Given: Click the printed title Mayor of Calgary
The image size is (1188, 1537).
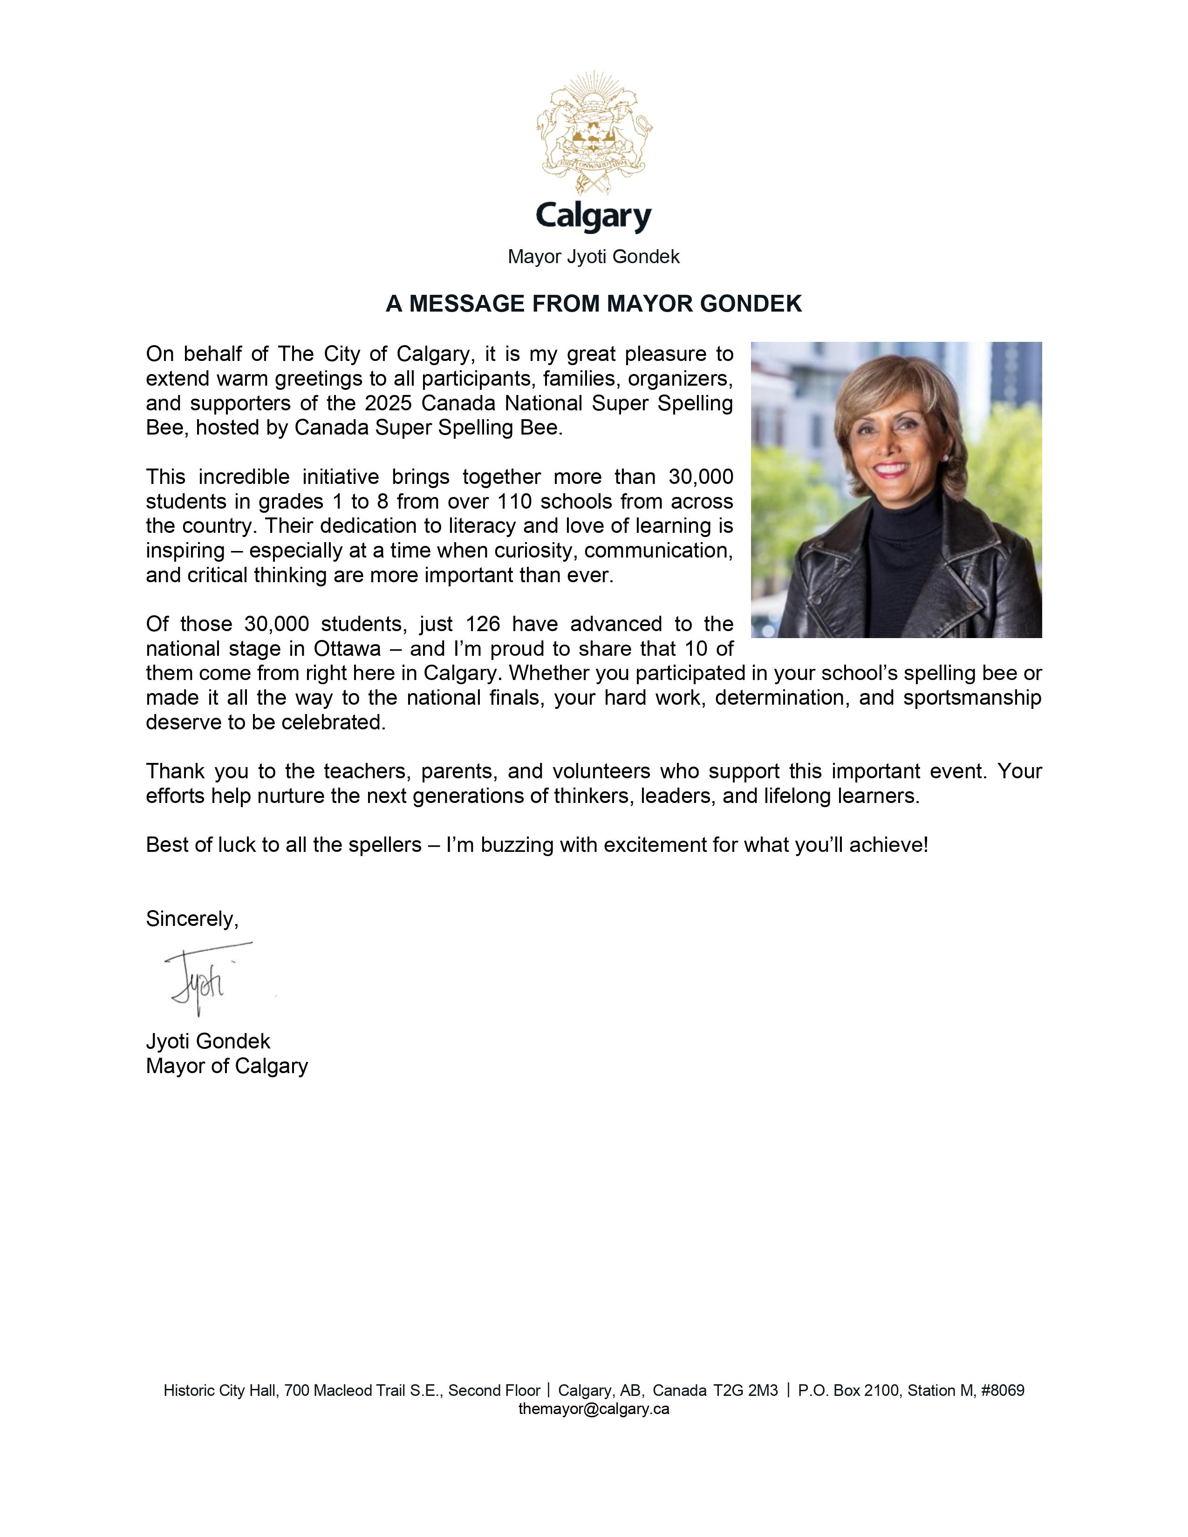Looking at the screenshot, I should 226,1066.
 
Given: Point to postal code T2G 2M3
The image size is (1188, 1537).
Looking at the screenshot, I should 745,1391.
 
